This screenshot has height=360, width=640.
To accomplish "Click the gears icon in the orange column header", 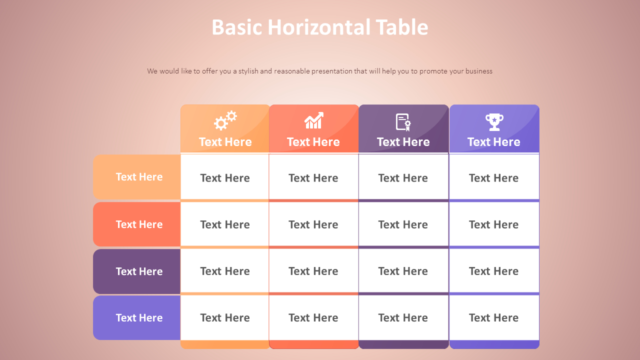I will (x=225, y=120).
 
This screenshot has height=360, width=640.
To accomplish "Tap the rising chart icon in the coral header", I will (x=314, y=121).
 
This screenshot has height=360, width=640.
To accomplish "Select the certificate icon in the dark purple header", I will (x=403, y=122).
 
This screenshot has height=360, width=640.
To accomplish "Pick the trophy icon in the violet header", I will (x=494, y=121).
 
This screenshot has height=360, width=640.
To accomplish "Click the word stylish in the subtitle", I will (x=248, y=71).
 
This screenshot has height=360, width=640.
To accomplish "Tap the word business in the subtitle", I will (x=479, y=71).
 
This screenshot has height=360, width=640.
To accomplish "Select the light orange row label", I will (x=137, y=177).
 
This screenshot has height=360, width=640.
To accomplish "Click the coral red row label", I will (x=137, y=224).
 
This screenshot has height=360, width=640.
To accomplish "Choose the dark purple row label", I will (x=137, y=271).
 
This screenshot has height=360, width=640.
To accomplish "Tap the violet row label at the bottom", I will (x=137, y=318).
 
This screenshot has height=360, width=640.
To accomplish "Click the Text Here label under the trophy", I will (x=494, y=142).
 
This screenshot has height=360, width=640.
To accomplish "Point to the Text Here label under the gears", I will (x=225, y=142).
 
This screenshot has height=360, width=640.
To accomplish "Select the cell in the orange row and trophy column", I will (x=494, y=177).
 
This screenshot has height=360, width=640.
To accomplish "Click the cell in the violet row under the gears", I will (x=225, y=317).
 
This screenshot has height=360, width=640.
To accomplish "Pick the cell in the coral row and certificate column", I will (x=403, y=224).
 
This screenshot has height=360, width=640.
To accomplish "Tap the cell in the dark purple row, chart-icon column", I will (x=313, y=271).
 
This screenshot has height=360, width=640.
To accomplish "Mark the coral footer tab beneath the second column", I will (x=314, y=344).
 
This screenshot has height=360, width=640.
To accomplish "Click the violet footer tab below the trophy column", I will (x=494, y=344).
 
